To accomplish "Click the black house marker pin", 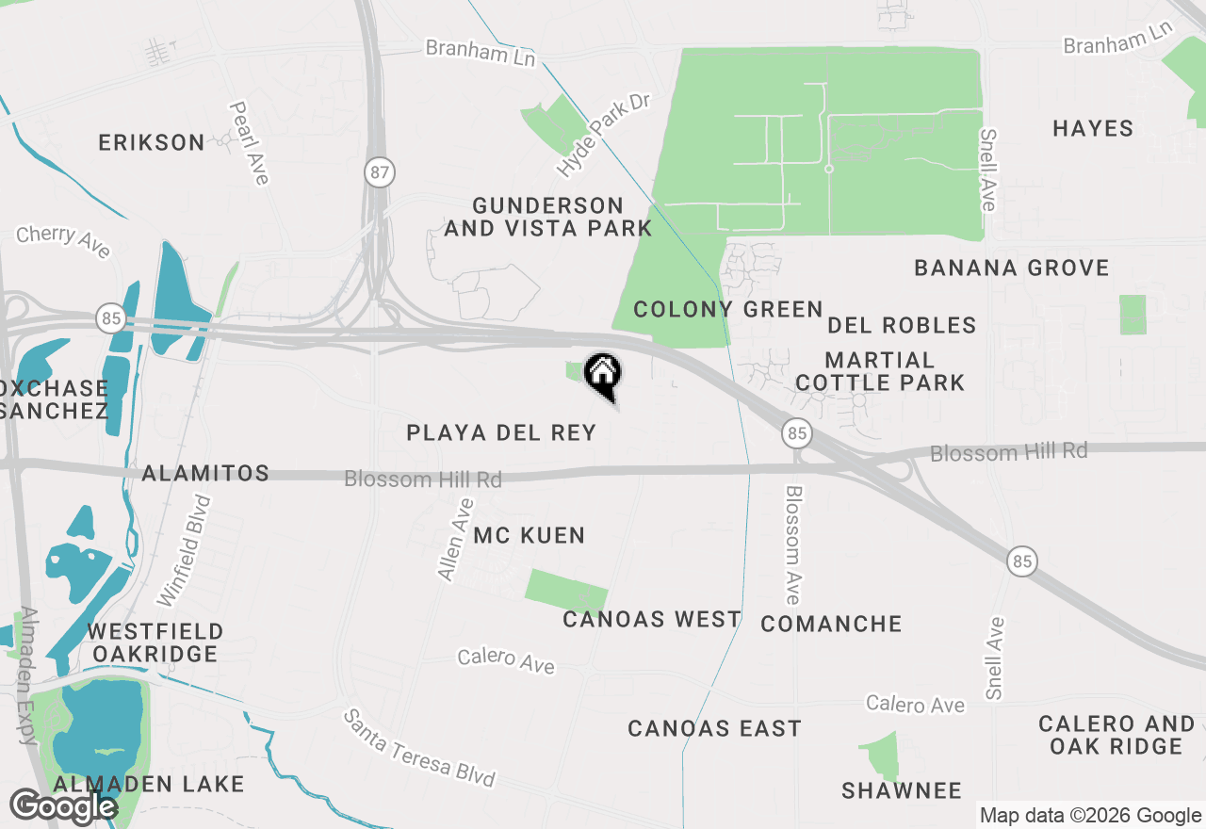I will tap(603, 376).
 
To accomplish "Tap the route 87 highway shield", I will tap(379, 172).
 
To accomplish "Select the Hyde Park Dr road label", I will tap(604, 135).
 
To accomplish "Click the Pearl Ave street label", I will tap(249, 143).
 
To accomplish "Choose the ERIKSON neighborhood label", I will tap(152, 143).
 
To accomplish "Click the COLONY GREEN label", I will tap(727, 310).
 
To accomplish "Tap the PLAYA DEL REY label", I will tap(501, 433).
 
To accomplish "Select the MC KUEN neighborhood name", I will tap(529, 536).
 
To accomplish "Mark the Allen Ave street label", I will tap(455, 539).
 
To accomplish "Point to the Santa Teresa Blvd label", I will tap(418, 749).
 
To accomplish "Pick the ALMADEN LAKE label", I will tap(149, 784).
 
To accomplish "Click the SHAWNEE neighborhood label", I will tap(902, 790).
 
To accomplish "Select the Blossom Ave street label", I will tap(793, 545).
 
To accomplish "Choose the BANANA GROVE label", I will tap(1012, 268).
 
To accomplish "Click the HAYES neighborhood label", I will tap(1093, 128).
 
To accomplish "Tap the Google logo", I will tap(62, 807).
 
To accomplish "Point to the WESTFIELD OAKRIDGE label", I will tap(155, 642).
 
